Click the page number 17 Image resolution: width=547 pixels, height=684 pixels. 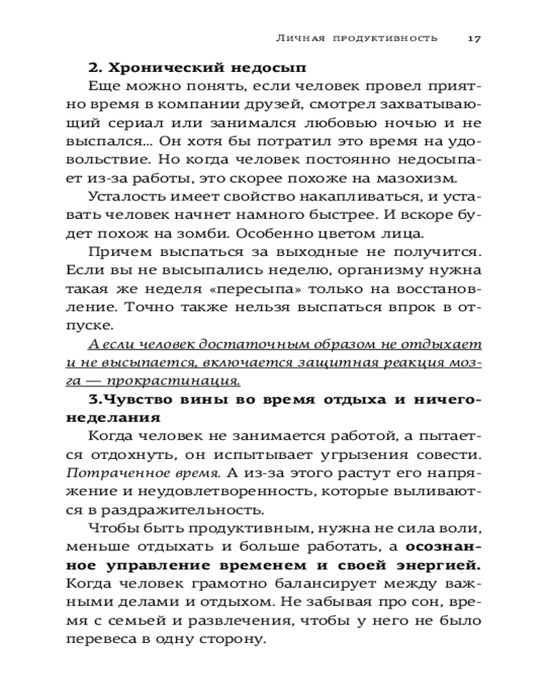(475, 38)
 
